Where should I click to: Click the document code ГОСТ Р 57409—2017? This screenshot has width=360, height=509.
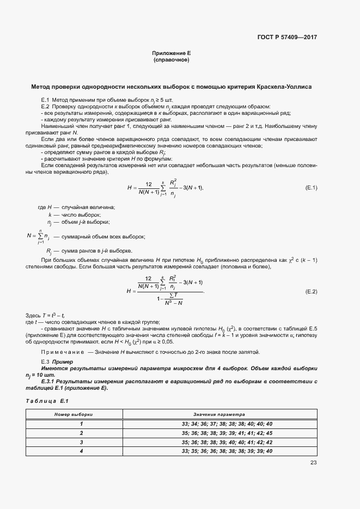286,38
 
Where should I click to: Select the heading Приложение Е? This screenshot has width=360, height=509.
171,53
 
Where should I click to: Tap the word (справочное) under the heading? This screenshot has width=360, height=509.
172,60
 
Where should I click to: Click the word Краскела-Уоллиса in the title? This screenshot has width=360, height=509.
281,87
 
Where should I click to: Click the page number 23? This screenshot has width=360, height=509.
313,463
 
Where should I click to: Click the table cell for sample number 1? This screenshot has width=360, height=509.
81,424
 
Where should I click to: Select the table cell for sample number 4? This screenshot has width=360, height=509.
81,451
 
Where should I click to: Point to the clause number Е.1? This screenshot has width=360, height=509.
46,101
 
